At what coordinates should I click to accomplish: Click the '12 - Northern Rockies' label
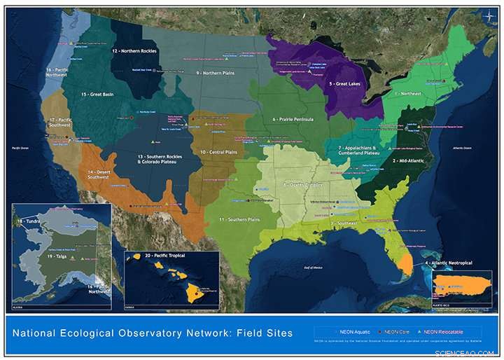tap(134, 51)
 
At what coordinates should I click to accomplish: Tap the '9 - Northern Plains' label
tap(218, 73)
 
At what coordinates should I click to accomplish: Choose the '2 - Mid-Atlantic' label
tap(408, 161)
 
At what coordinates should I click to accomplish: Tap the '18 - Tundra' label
tap(29, 221)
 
